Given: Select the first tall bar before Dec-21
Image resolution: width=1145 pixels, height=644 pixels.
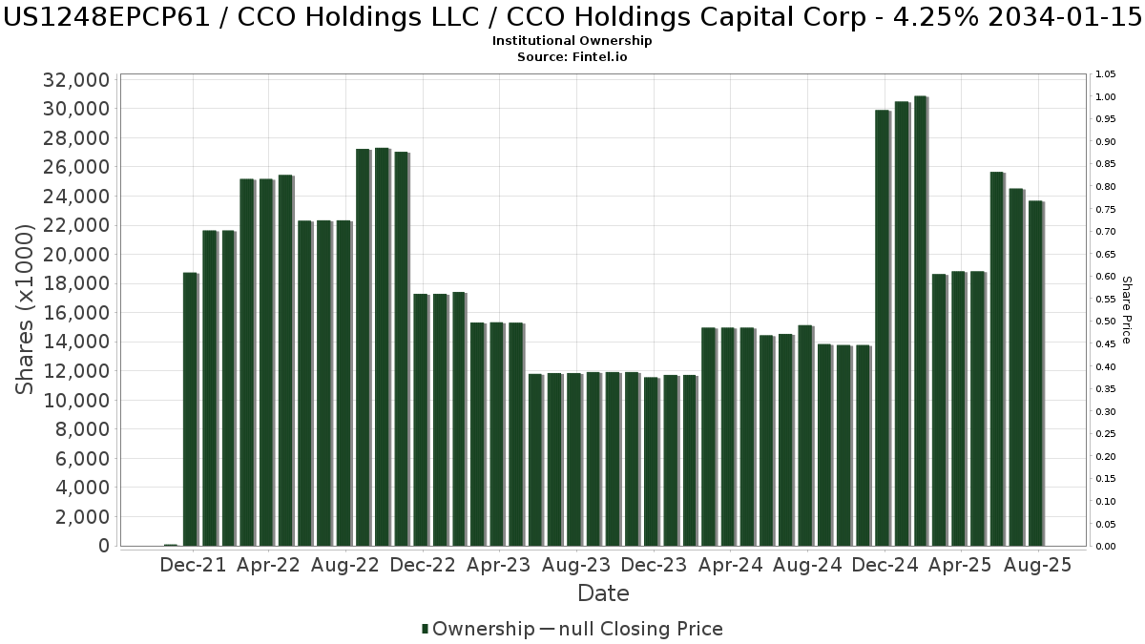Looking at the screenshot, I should point(190,409).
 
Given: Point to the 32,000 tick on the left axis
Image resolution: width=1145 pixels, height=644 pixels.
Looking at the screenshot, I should point(76,80).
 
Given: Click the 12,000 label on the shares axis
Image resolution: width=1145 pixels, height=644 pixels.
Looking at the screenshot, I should point(76,371).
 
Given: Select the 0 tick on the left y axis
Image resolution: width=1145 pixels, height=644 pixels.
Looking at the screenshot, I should point(101,546).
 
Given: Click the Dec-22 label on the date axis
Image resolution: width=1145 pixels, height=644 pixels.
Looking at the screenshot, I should point(423,565).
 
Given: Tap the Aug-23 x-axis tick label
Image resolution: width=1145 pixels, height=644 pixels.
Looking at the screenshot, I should point(577,565).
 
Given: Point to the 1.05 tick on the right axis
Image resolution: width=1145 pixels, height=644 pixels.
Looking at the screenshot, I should point(1106,74).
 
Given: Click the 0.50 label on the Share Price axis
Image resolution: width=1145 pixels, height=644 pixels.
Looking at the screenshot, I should point(1106,322).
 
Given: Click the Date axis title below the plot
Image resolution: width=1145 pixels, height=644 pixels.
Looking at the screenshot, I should point(603,593).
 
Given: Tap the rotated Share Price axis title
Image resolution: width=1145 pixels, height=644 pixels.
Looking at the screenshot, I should point(1126,310).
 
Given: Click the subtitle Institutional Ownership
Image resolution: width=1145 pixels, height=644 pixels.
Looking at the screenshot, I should point(572,41).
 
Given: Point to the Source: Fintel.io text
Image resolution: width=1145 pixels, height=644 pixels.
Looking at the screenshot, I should point(572,57).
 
